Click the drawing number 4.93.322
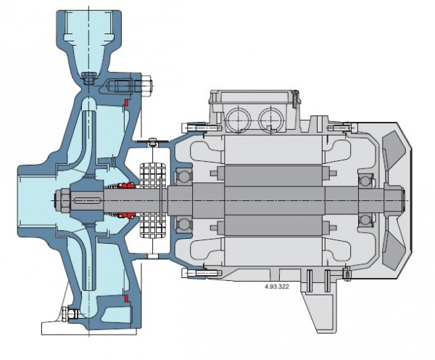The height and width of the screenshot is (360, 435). pyautogui.click(x=277, y=287)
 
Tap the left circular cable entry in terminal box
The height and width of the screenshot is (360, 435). pyautogui.click(x=239, y=119)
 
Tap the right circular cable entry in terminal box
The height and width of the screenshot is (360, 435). pyautogui.click(x=271, y=119)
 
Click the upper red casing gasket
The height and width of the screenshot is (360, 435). pyautogui.click(x=125, y=102)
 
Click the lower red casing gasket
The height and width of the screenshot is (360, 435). pyautogui.click(x=126, y=298)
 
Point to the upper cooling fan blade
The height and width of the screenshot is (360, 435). pyautogui.click(x=394, y=150)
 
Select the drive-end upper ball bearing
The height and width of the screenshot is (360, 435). pyautogui.click(x=183, y=176)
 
